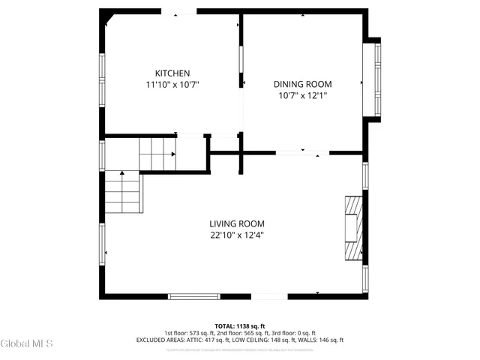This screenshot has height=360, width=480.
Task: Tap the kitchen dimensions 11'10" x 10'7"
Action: coord(172,85)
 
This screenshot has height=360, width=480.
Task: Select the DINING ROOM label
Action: coord(302,84)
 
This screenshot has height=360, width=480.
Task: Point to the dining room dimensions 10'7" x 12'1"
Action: coord(302,96)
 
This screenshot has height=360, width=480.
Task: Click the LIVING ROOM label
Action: coord(236,223)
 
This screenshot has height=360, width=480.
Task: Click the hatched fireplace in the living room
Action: coord(353,227)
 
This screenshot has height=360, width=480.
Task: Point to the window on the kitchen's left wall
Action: coord(101,78)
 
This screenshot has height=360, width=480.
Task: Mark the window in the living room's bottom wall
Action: coord(193,296)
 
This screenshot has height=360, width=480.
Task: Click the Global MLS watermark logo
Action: coord(27,343)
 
